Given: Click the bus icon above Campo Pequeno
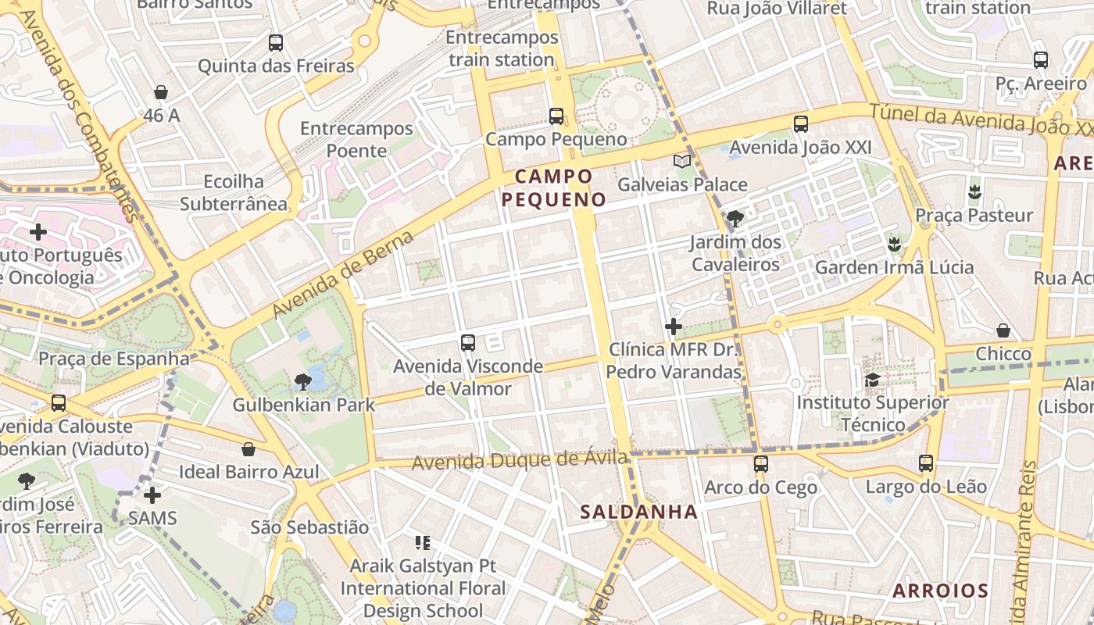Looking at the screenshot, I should pyautogui.click(x=556, y=116).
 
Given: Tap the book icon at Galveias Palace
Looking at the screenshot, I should pyautogui.click(x=682, y=162).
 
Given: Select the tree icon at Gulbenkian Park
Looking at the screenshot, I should pyautogui.click(x=303, y=381).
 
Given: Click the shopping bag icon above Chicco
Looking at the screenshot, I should pyautogui.click(x=1003, y=330).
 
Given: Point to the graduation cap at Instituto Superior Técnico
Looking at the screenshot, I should pyautogui.click(x=872, y=380).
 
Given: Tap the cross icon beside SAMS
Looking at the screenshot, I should pyautogui.click(x=152, y=495).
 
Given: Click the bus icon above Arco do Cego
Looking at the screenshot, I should pyautogui.click(x=760, y=464).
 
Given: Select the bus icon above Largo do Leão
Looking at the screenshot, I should pyautogui.click(x=926, y=463).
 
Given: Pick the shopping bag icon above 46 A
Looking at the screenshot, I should pyautogui.click(x=161, y=92).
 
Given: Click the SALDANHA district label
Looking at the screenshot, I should pyautogui.click(x=638, y=512).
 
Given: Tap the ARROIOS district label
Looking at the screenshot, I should pyautogui.click(x=940, y=591).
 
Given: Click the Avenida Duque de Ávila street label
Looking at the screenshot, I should pyautogui.click(x=519, y=461).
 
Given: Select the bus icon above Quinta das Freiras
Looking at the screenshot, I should pyautogui.click(x=276, y=43).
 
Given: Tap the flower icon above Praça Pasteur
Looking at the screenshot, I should pyautogui.click(x=974, y=191).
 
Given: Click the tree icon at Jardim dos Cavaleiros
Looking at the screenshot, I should pyautogui.click(x=735, y=219).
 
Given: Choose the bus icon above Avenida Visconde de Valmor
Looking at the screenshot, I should pyautogui.click(x=468, y=342).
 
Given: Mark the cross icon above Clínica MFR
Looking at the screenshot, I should pyautogui.click(x=674, y=327).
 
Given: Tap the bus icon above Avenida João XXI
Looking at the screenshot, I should pyautogui.click(x=800, y=124).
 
